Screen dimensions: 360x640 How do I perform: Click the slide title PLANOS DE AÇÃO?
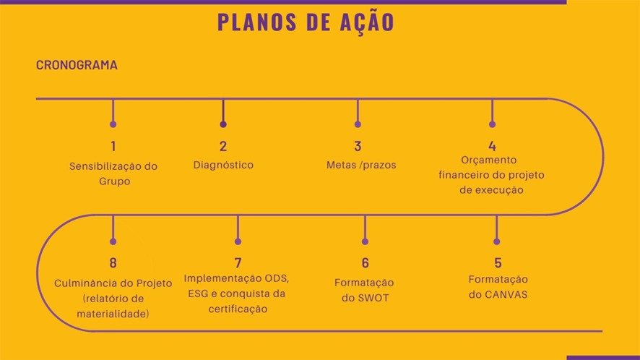point(306,22)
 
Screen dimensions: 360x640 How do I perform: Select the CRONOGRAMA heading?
point(77,65)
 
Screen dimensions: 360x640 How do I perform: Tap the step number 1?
point(113,146)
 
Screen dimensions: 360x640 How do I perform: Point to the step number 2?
point(223,146)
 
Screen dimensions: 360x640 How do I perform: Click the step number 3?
point(358,146)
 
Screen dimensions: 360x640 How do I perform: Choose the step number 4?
point(492,146)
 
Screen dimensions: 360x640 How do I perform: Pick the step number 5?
point(498,262)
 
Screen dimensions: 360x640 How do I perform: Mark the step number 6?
point(365,262)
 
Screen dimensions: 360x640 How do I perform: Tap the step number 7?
point(238,262)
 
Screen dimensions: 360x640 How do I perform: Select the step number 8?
point(113,262)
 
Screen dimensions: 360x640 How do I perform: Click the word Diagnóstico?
point(223,165)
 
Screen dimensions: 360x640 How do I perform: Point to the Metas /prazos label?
point(361,165)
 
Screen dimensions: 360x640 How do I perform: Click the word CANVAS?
point(507,294)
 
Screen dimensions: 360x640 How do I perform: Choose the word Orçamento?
point(489,160)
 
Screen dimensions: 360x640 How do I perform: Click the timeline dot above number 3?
point(358,124)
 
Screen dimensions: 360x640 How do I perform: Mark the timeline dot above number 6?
point(365,241)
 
